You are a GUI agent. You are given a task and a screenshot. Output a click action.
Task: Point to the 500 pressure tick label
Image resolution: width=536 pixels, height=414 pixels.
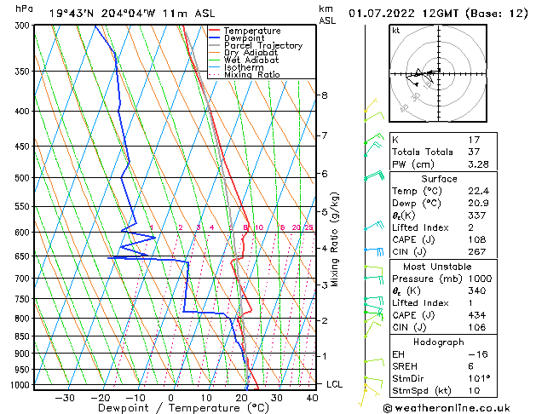21,178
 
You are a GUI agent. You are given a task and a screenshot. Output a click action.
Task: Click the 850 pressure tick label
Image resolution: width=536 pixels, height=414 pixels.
21,336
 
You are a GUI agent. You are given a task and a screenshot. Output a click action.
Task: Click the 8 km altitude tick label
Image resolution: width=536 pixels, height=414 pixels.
325,95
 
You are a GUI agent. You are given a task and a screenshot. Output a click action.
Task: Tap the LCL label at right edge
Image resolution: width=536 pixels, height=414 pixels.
335,384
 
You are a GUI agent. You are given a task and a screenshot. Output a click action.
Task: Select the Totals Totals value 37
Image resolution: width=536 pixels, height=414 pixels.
475,152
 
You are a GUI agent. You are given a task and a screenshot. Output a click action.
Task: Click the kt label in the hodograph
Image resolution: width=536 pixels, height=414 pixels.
395,30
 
